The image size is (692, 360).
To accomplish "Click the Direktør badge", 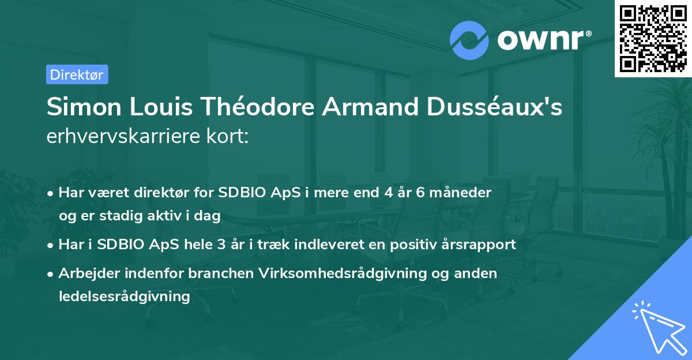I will tap(77, 74).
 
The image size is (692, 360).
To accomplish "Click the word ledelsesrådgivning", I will tap(124, 297).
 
